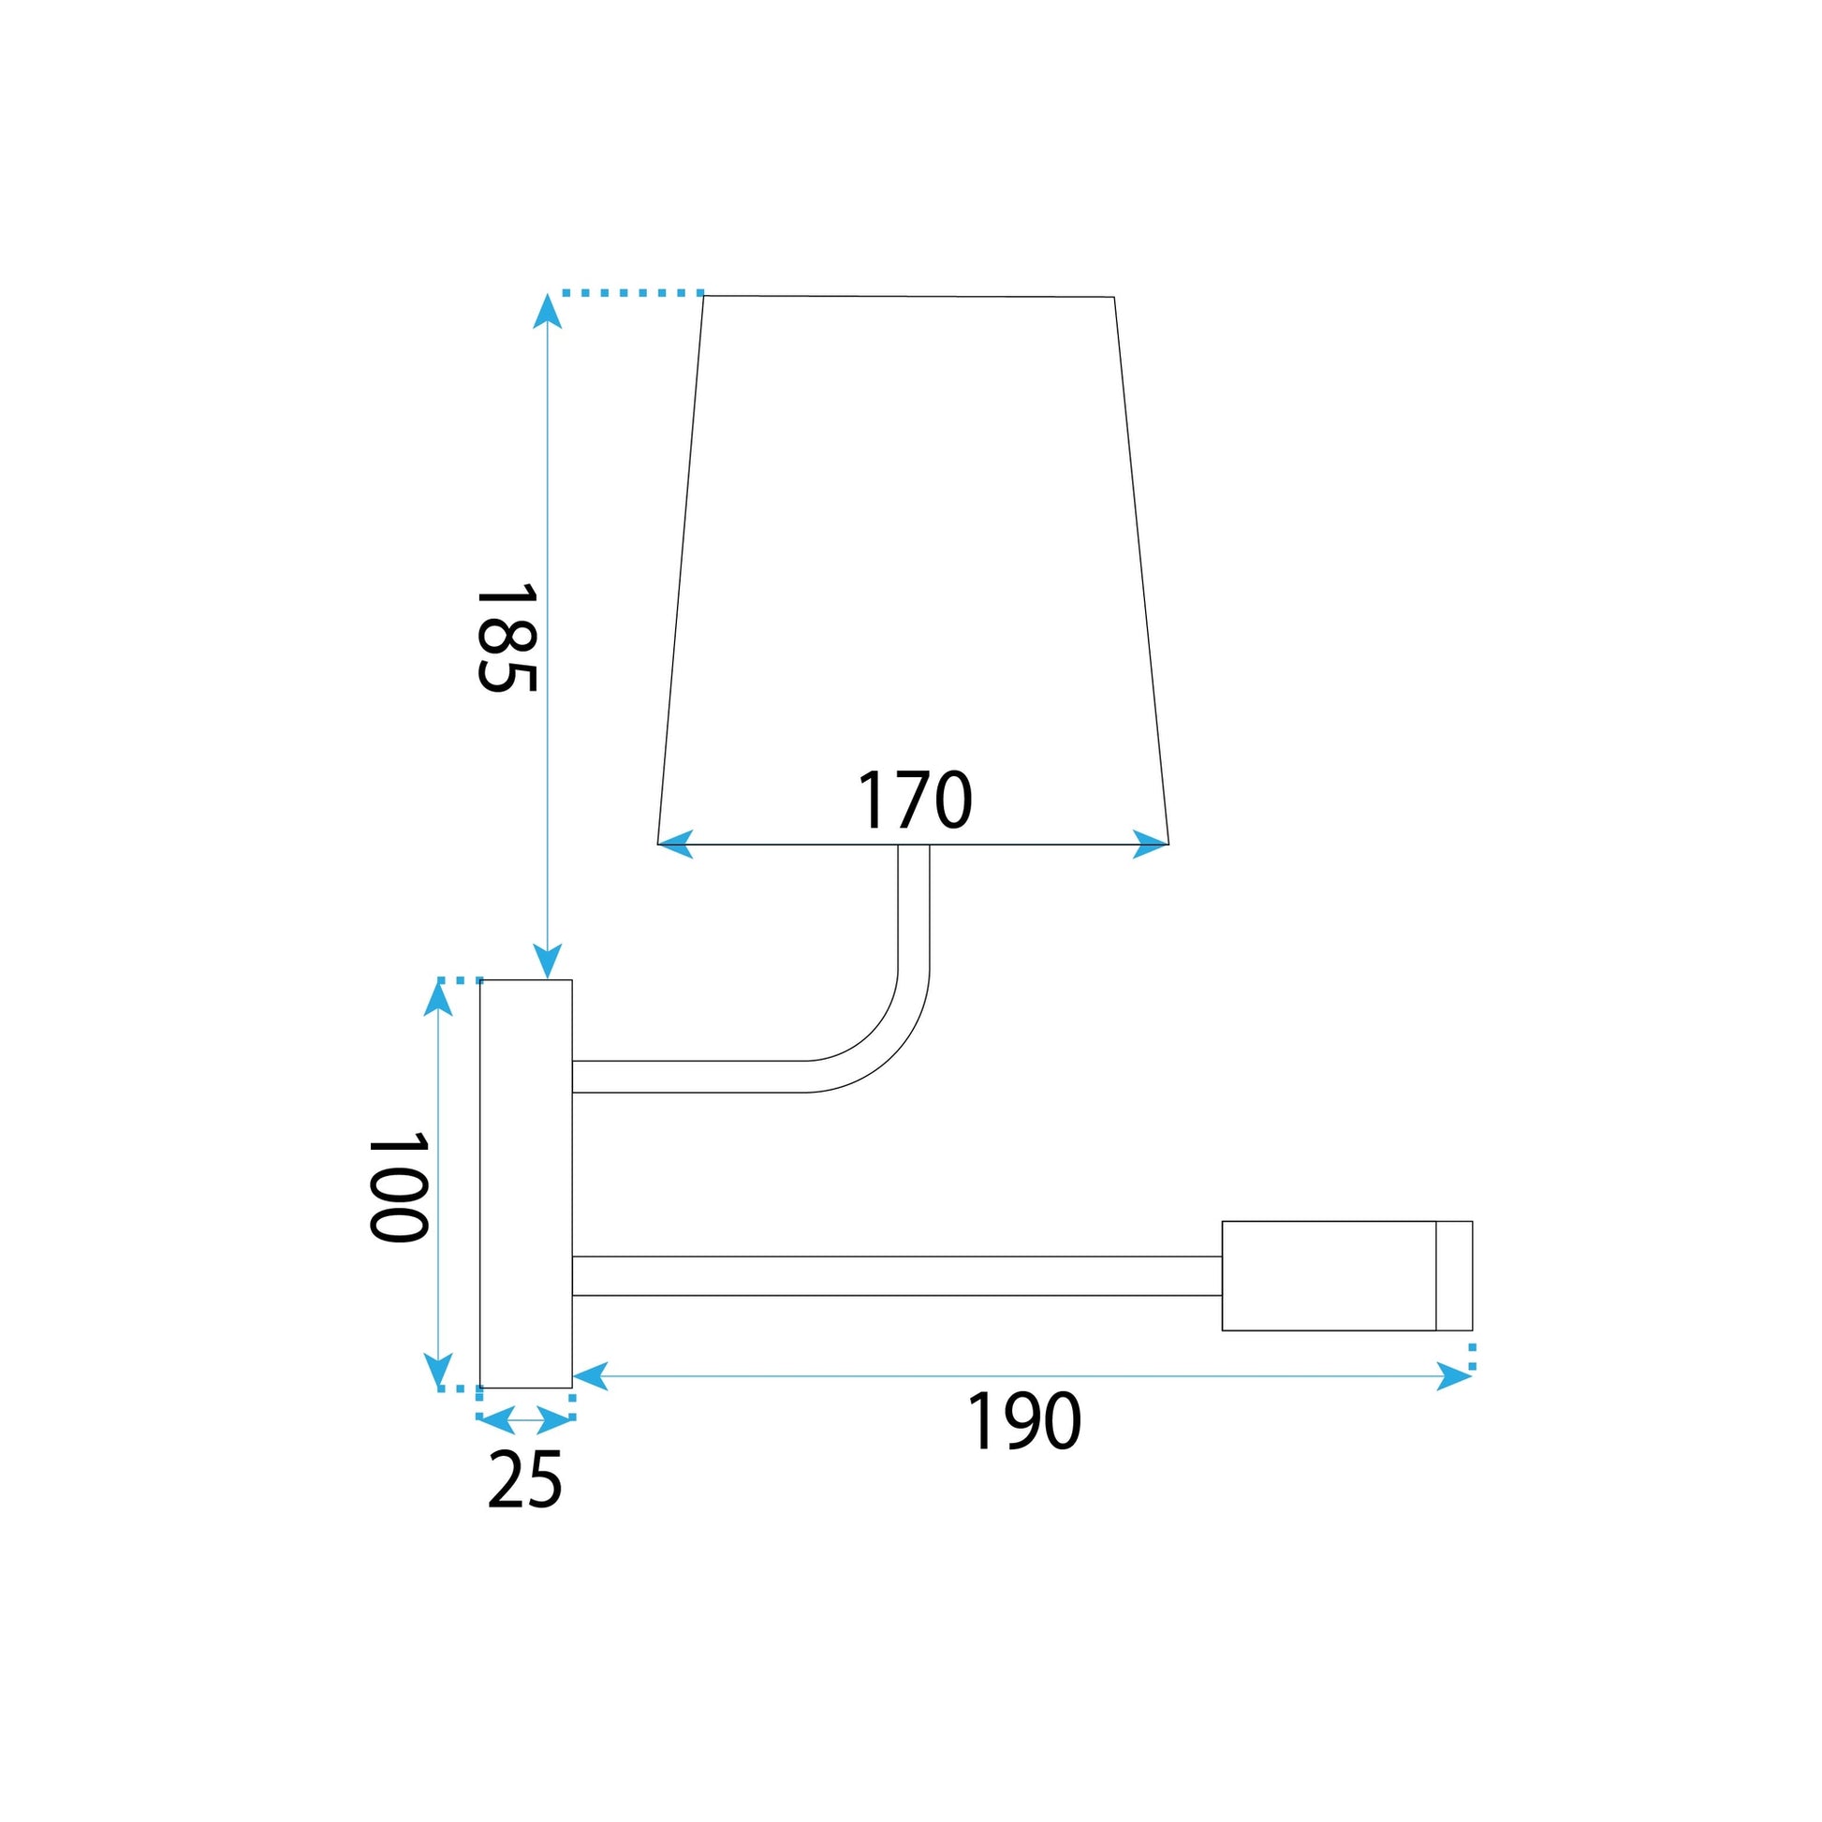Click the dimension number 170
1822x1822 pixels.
click(x=913, y=801)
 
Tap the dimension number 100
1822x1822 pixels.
click(x=398, y=1187)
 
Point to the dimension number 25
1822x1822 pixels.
click(x=524, y=1479)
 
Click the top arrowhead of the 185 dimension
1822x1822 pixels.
click(x=547, y=311)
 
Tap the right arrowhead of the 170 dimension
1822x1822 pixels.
click(x=1151, y=844)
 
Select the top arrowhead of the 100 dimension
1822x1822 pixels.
click(x=436, y=999)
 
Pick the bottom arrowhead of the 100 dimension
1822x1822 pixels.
click(x=436, y=1372)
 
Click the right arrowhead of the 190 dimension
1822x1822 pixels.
click(x=1453, y=1376)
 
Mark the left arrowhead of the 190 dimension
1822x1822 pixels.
click(x=592, y=1376)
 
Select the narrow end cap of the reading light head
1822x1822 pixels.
click(x=1453, y=1275)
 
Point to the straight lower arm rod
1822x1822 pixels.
click(x=896, y=1276)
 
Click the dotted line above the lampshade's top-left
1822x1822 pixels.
click(x=632, y=293)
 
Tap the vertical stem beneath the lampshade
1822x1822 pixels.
click(x=913, y=905)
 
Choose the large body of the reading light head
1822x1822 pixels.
click(x=1328, y=1275)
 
